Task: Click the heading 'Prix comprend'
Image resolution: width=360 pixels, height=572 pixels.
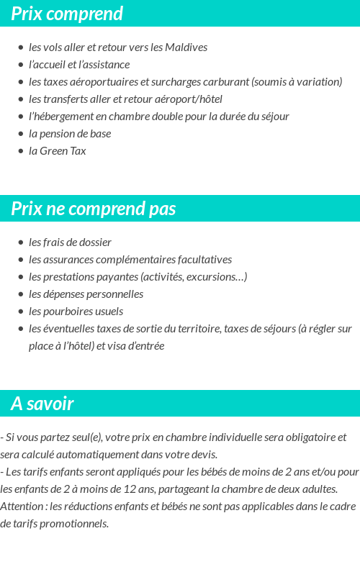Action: coord(67,14)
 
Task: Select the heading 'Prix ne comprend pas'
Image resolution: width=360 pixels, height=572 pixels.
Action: coord(94,209)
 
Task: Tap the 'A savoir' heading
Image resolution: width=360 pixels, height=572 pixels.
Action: coord(42,404)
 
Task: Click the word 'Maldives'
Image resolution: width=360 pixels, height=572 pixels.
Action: coord(186,47)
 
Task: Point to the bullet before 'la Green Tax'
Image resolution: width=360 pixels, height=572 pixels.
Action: coord(21,151)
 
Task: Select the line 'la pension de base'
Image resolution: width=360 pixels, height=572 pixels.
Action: coord(70,134)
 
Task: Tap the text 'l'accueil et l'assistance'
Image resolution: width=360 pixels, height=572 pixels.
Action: coord(79,65)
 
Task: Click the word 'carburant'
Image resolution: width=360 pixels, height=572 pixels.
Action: coord(226,82)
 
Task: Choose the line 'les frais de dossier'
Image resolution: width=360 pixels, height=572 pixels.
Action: coord(70,242)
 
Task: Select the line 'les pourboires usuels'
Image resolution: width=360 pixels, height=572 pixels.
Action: coord(76,312)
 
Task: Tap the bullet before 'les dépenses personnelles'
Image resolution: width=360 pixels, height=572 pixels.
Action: coord(21,294)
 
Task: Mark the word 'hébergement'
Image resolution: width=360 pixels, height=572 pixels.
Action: coord(65,117)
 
